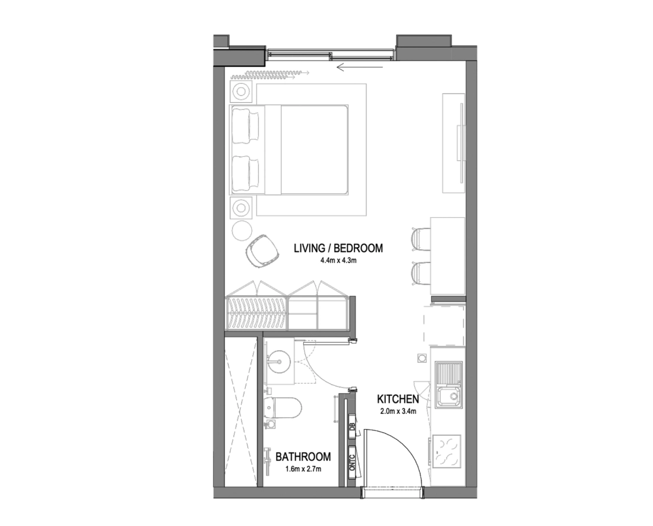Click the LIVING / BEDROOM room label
(x=338, y=248)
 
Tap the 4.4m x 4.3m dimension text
(x=339, y=261)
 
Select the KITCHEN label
(x=398, y=400)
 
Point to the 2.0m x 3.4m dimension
(x=398, y=411)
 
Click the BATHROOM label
(x=303, y=457)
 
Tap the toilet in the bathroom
(x=283, y=408)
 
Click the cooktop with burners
(x=448, y=451)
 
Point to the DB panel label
(x=352, y=427)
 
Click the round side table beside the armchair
(x=242, y=230)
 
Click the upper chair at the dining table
(x=421, y=239)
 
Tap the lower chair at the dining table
(x=421, y=274)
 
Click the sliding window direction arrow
(x=361, y=65)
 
